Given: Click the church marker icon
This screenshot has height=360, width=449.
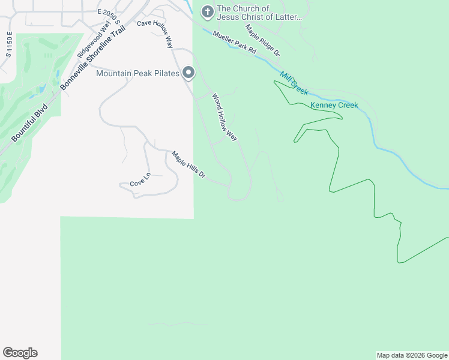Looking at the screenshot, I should point(207,11).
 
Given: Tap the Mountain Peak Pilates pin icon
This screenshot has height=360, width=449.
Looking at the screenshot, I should point(188,73).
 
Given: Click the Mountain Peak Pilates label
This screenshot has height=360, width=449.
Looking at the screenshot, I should point(138,73).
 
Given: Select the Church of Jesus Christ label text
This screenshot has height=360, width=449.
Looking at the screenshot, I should point(259,13).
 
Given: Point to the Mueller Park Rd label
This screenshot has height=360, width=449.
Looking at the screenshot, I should point(235,43).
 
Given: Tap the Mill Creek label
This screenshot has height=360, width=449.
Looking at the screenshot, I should point(294,83).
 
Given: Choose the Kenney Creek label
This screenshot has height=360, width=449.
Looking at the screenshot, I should point(334,106).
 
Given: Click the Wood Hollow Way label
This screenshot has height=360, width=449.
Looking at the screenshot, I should point(224,117).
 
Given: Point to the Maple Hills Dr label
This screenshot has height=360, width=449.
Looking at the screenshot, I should point(189,165).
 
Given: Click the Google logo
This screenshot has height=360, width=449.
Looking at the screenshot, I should point(20,353).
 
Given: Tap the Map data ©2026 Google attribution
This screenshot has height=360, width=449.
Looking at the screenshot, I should point(412,355).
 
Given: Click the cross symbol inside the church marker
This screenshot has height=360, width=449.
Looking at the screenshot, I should point(207,11).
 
